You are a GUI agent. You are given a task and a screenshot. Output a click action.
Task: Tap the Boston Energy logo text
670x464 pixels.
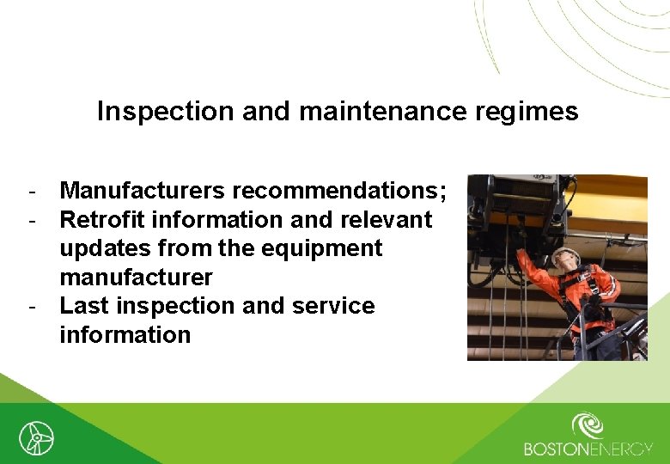(588, 449)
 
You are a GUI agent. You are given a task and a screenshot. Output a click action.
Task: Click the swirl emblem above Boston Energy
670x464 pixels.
(588, 424)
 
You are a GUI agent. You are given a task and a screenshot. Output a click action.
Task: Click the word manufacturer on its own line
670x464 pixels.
(136, 278)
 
